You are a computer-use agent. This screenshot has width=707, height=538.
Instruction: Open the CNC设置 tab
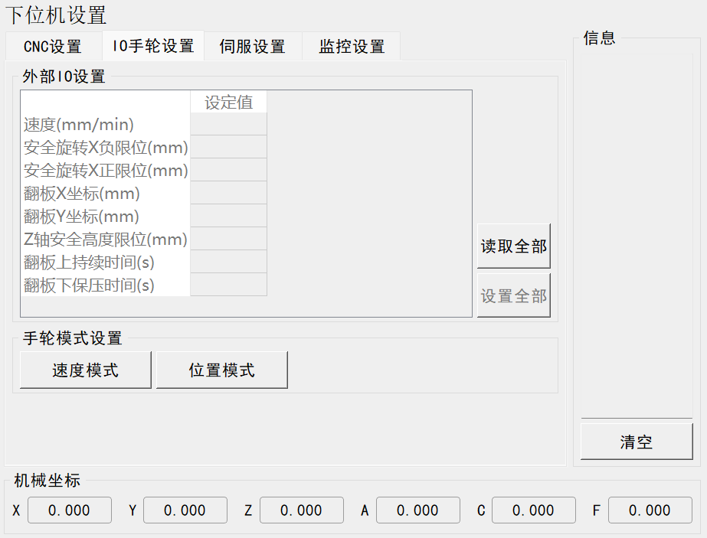pos(52,47)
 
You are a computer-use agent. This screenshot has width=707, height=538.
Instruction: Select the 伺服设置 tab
pos(252,47)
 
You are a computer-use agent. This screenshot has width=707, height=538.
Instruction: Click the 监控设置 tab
pos(352,47)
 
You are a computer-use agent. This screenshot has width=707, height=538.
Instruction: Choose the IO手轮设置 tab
pos(153,46)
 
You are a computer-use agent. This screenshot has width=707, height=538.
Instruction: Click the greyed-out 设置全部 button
pos(513,295)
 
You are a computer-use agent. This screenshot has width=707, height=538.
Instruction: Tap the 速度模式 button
pos(86,370)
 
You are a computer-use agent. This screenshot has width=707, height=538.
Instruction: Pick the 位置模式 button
pos(222,370)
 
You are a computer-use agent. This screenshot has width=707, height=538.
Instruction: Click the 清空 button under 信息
pos(636,442)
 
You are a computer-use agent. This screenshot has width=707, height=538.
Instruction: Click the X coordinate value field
pos(70,510)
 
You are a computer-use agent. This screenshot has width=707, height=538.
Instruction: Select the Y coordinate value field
pos(185,510)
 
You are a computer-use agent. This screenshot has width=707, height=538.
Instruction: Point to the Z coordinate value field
pos(302,510)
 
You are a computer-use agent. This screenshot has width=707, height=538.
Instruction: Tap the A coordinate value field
pos(418,510)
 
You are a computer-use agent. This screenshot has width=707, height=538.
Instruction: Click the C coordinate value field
pos(534,510)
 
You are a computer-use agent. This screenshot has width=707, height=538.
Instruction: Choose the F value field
pos(650,510)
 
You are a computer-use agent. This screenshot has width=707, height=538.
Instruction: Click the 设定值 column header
pos(228,103)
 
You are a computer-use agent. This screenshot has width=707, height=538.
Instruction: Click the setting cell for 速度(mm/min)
pos(228,124)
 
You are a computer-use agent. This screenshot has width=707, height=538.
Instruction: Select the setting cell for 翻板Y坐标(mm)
pos(228,216)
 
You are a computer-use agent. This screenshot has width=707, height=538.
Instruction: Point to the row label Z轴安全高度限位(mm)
pos(106,239)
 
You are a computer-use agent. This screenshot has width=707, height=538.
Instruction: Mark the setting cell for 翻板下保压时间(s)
pos(228,285)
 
